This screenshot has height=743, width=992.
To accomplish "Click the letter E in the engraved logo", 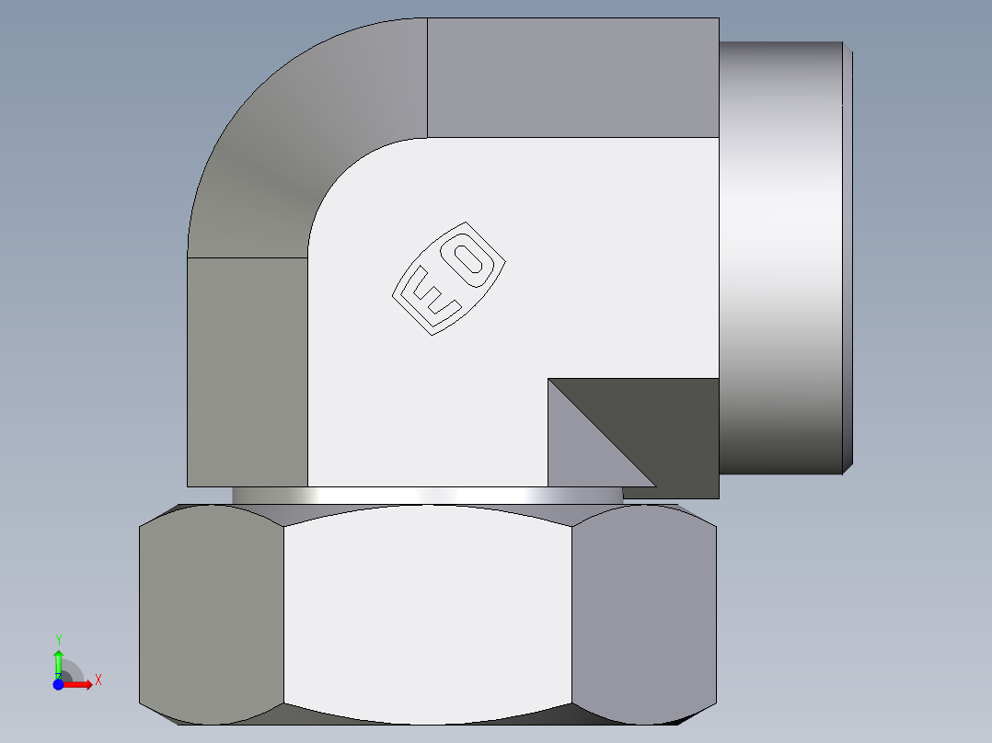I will pyautogui.click(x=428, y=294).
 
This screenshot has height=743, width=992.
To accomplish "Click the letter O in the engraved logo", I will pyautogui.click(x=472, y=257).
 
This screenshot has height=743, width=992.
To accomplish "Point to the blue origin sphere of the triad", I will pyautogui.click(x=58, y=685).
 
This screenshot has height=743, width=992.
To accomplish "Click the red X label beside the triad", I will pyautogui.click(x=98, y=680).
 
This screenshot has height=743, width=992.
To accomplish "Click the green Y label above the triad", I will pyautogui.click(x=58, y=638).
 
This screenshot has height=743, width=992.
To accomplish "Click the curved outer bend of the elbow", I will pyautogui.click(x=294, y=147).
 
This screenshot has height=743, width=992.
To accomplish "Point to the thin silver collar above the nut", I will pyautogui.click(x=428, y=496).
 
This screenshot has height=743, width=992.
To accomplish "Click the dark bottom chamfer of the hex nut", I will pyautogui.click(x=428, y=719).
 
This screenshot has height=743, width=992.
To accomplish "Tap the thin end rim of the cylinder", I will pyautogui.click(x=848, y=257).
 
